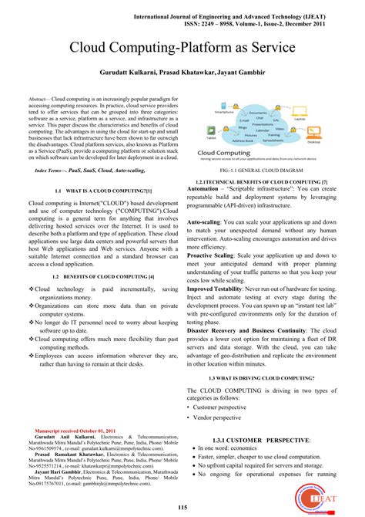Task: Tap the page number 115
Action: (182, 506)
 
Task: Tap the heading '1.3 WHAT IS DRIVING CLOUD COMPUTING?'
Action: (266, 379)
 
